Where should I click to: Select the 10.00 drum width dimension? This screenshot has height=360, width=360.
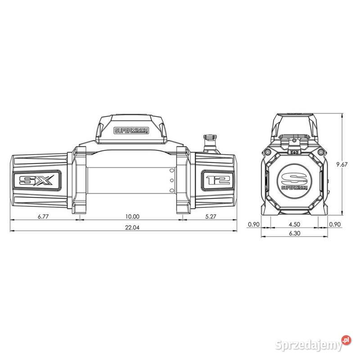pos(132,216)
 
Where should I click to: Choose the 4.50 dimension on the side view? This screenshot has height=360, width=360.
pos(294,224)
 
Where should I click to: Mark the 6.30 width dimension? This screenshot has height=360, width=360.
pos(294,234)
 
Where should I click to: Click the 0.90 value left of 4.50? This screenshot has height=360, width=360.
pos(254,224)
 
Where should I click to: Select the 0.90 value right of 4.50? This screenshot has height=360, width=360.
pos(335,224)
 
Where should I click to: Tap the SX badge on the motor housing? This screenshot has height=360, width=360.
pos(36,181)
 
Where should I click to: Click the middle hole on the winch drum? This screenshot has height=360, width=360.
pos(171,180)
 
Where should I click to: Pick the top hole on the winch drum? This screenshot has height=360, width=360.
pos(171,171)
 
